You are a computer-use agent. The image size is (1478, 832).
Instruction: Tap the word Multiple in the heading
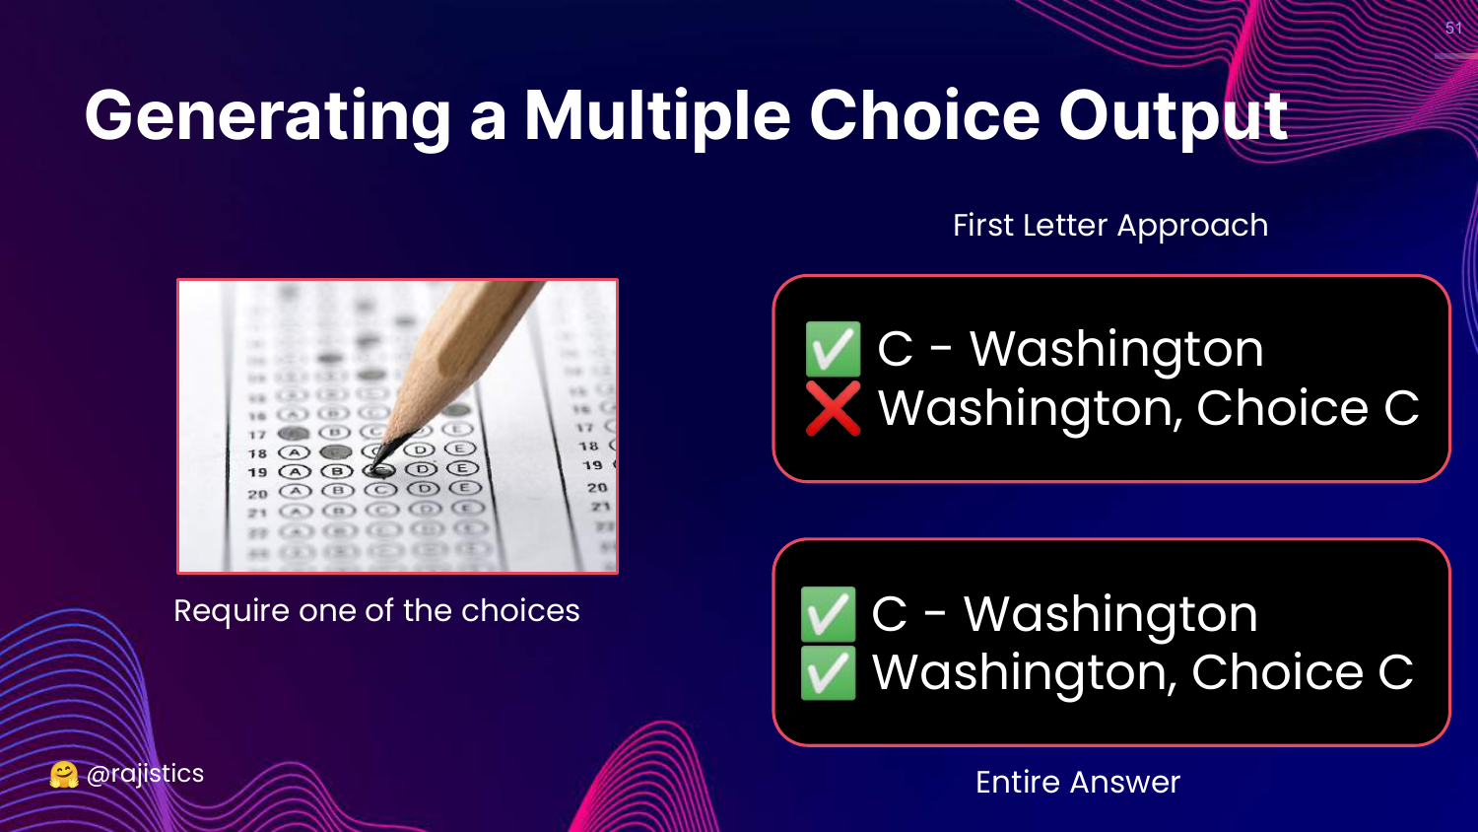click(x=657, y=115)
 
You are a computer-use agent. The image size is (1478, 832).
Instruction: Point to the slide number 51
click(x=1453, y=28)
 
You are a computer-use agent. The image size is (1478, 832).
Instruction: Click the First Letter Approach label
click(x=1110, y=225)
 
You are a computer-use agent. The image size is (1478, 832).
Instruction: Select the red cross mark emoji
click(x=833, y=409)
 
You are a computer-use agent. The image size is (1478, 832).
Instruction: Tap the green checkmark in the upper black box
click(x=833, y=349)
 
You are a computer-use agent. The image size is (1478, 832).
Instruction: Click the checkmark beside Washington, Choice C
click(x=828, y=672)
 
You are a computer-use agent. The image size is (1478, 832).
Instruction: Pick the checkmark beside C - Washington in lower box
click(x=828, y=613)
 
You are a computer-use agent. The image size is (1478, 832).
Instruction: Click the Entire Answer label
click(x=1078, y=782)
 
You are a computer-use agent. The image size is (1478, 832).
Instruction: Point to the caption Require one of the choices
click(x=376, y=610)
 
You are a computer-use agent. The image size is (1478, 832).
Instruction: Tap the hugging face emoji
click(x=64, y=775)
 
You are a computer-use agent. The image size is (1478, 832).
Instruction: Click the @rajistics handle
click(x=145, y=774)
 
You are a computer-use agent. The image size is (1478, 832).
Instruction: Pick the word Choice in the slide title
click(x=924, y=115)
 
